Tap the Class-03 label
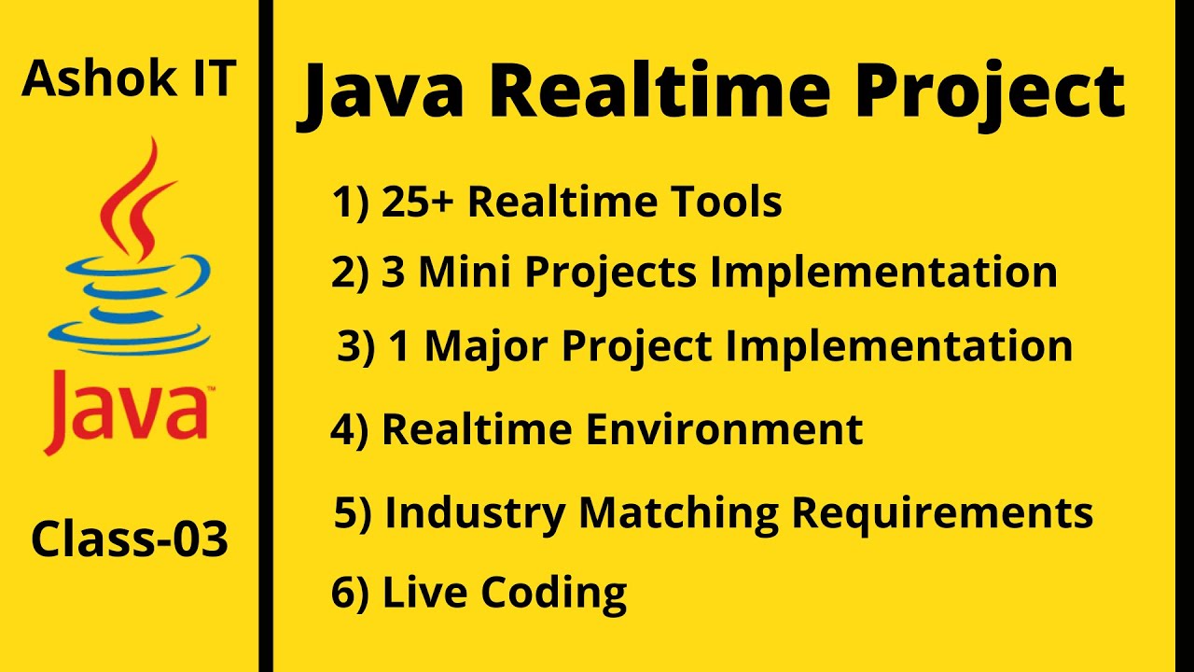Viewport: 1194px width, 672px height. (x=130, y=540)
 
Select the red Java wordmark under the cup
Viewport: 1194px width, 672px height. (x=126, y=410)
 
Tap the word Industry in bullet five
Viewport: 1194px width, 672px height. (x=475, y=512)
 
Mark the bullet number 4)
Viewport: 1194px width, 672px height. (x=350, y=430)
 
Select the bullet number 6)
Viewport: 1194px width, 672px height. (x=351, y=594)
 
